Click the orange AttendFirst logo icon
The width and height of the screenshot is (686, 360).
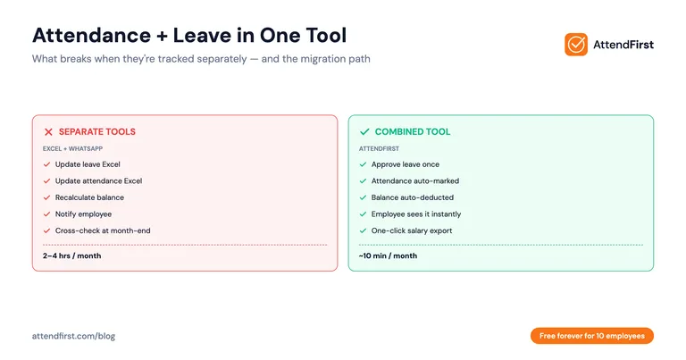(576, 44)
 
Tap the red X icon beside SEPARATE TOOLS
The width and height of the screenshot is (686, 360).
(48, 131)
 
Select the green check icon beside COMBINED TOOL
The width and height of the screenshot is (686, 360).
(364, 131)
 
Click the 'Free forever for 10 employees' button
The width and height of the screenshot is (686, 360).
(592, 336)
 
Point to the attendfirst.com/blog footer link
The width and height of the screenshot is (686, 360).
(73, 336)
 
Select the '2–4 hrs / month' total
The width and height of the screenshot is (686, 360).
(72, 255)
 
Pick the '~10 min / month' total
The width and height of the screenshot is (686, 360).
(388, 255)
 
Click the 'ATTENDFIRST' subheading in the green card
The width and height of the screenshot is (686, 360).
(379, 148)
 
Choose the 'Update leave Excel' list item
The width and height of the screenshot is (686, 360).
(88, 164)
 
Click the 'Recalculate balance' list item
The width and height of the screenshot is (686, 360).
(90, 197)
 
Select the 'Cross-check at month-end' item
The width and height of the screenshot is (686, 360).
(101, 230)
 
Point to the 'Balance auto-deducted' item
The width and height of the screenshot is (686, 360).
(412, 197)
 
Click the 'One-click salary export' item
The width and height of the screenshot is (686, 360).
(412, 230)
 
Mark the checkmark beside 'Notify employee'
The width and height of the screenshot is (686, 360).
(46, 214)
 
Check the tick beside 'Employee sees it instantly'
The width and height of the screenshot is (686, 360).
(363, 214)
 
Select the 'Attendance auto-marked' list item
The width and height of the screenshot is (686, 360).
(414, 181)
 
